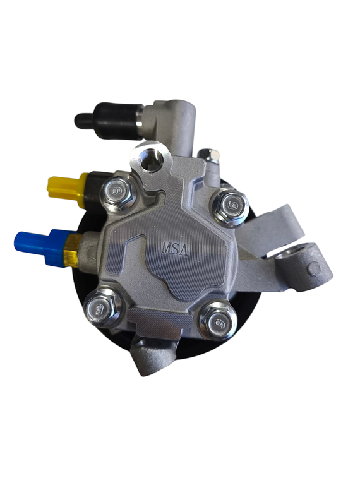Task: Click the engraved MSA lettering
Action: coord(175,249)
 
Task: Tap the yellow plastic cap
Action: coord(64,189)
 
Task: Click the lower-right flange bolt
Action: coord(218,321)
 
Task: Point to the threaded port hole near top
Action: coord(151,160)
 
